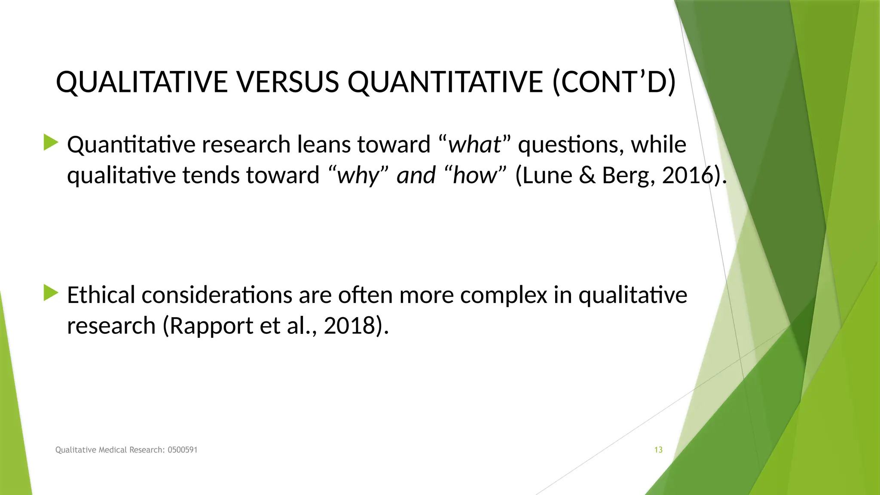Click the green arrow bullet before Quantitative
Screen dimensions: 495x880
click(51, 143)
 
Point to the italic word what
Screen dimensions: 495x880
click(474, 144)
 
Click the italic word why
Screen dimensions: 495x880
click(358, 176)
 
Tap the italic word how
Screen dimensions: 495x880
click(474, 176)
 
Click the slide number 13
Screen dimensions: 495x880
click(658, 450)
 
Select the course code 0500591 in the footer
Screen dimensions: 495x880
click(182, 450)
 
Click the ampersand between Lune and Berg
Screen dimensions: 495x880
click(587, 176)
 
